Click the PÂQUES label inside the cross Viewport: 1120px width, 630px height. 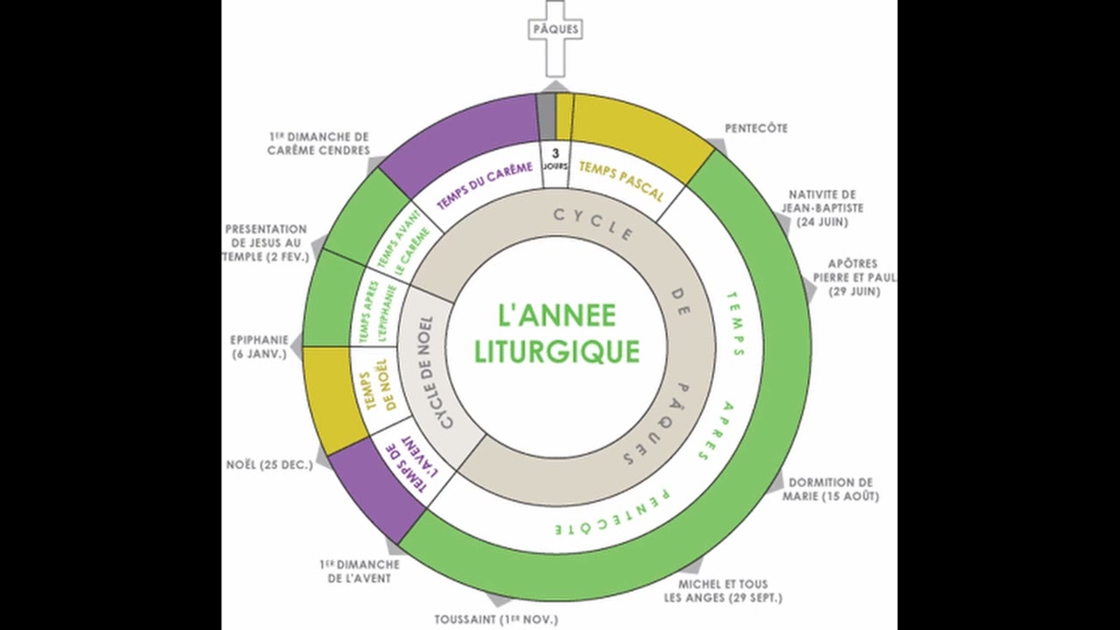(x=556, y=29)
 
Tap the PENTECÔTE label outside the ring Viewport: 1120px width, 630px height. (x=757, y=129)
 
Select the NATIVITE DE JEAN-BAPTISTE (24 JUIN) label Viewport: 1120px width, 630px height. (x=822, y=208)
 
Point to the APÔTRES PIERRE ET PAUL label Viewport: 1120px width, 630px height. (x=855, y=277)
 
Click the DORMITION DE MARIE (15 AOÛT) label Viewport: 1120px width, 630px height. (x=830, y=489)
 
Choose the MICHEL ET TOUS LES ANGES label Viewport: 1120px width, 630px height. (x=723, y=591)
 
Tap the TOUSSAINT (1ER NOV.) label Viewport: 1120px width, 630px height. (x=496, y=620)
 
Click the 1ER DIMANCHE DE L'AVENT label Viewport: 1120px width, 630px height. (x=360, y=571)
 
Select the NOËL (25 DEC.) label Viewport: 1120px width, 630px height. (x=269, y=465)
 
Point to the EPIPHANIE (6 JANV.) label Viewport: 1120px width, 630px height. (x=259, y=347)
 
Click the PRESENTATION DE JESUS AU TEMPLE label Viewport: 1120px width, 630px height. (x=266, y=243)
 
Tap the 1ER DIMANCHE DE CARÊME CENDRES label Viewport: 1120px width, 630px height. (x=318, y=143)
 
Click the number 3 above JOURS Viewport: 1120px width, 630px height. (x=555, y=153)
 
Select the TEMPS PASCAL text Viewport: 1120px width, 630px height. (x=621, y=180)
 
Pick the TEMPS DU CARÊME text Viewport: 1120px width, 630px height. (x=485, y=185)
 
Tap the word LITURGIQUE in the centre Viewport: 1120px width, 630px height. (x=557, y=351)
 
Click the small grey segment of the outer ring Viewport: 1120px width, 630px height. (x=546, y=117)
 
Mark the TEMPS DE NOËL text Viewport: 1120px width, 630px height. (x=380, y=390)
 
